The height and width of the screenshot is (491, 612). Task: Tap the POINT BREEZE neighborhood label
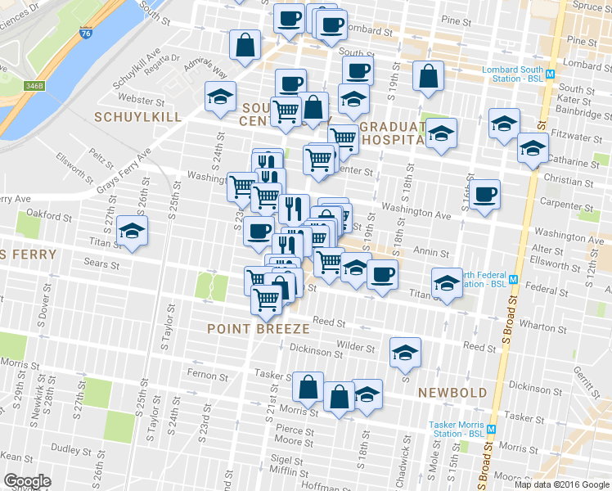[x=259, y=328]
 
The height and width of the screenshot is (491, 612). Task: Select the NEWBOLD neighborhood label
[x=452, y=393]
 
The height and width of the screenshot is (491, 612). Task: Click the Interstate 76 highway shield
[x=86, y=34]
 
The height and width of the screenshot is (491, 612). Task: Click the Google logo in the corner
[x=27, y=481]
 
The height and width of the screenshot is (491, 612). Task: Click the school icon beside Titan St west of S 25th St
[x=131, y=232]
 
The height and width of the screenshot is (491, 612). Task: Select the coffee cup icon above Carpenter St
[x=484, y=195]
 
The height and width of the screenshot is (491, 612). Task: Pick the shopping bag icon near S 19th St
[x=428, y=76]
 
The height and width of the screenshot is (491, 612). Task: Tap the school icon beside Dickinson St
[x=403, y=351]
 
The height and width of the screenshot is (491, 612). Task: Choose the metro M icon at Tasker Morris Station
[x=492, y=430]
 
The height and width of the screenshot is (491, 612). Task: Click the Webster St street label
[x=142, y=100]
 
